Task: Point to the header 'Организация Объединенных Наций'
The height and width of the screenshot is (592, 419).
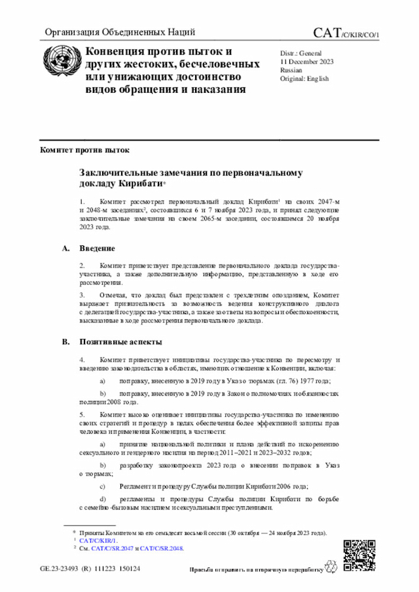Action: click(119, 32)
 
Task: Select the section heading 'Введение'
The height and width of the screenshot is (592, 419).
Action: click(98, 249)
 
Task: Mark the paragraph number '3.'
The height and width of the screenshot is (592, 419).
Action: click(82, 295)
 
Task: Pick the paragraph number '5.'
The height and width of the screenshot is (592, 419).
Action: click(82, 415)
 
